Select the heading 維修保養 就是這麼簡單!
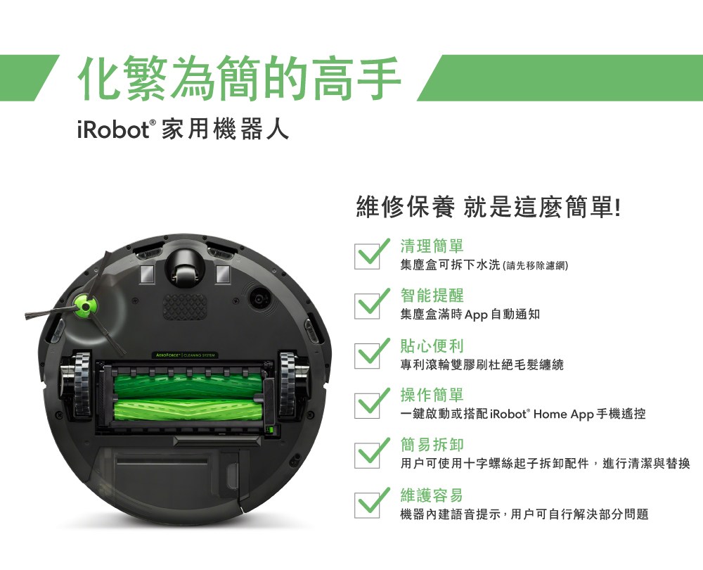coord(489,207)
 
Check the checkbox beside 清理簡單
coord(367,257)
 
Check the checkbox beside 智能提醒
coord(367,306)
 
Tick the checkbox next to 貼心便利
coord(367,356)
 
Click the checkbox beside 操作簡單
coord(367,406)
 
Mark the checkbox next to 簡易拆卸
coord(367,455)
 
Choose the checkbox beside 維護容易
coord(367,505)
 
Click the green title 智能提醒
coord(432,296)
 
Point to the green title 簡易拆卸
coord(432,445)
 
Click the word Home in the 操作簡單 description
coord(550,413)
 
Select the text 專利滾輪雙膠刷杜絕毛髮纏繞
coord(482,365)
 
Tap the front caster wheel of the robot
coord(184,270)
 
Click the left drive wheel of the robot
coord(82,384)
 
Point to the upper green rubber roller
coord(188,385)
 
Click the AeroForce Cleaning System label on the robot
coord(186,355)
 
